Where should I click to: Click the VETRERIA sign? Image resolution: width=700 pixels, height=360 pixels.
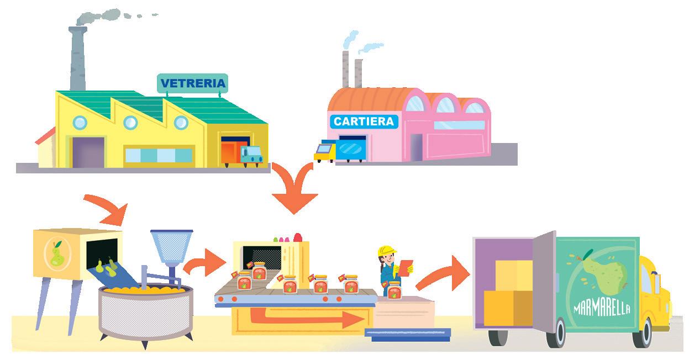point(192,83)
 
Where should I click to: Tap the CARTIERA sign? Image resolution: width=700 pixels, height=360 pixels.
point(364,121)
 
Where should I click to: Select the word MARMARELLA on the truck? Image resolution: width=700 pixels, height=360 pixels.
point(602,307)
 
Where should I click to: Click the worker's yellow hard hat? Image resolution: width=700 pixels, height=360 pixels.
point(386,250)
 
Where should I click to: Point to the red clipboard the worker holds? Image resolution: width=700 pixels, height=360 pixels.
point(406,267)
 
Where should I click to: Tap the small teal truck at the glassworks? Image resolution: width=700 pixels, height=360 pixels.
point(251,155)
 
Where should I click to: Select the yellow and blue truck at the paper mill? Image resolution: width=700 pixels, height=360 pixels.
point(326,151)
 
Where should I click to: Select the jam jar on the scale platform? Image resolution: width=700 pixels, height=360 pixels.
point(394,290)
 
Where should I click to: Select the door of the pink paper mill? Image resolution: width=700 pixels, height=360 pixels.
point(415,148)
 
